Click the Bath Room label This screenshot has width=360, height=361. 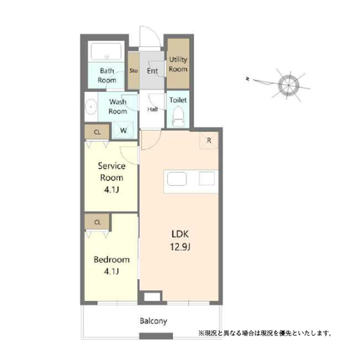pos(107,75)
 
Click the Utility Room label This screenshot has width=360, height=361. pos(178,64)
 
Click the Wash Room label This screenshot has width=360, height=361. pos(118,106)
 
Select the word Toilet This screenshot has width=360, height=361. pos(178,100)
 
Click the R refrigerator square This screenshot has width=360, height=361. pos(209,143)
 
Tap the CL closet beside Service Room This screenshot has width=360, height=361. pos(97,131)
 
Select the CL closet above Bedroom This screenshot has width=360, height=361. pos(97,221)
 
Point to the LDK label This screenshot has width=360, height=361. pos(178,233)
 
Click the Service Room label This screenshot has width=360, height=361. pos(111,171)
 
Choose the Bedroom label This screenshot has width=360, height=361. pos(111,260)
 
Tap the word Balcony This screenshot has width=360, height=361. pos(153,321)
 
